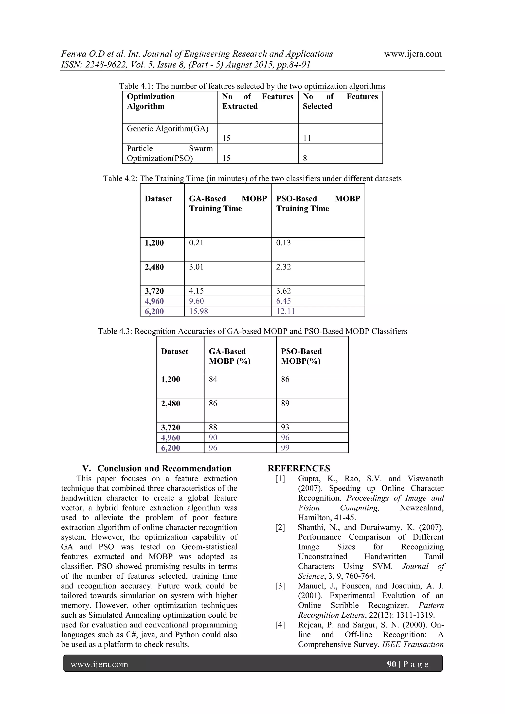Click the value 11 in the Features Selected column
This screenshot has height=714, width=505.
point(307,138)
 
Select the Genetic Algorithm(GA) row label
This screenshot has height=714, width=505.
point(168,129)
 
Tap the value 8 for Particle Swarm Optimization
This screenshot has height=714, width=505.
point(305,158)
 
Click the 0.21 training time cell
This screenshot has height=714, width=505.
point(196,243)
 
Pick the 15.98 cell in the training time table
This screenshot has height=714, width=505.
point(198,311)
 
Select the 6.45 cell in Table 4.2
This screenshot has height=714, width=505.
point(284,301)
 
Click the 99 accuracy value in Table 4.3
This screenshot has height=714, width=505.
point(285,448)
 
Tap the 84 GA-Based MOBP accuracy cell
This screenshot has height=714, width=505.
point(213,379)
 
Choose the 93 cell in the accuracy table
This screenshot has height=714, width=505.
point(285,427)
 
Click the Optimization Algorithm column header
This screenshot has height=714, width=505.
point(151,101)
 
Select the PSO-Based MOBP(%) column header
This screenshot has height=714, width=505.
point(301,356)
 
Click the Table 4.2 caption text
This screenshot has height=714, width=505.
point(252,178)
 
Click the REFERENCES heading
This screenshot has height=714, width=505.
point(299,468)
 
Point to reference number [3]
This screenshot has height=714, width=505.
point(280,586)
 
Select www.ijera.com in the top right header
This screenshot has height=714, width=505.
point(413,54)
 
